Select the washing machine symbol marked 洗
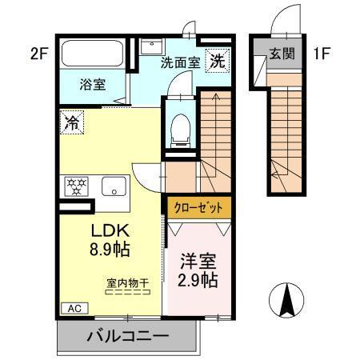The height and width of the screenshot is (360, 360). pyautogui.click(x=217, y=60)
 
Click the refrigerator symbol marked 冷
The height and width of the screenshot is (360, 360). pyautogui.click(x=71, y=123)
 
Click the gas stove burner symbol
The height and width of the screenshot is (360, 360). pyautogui.click(x=78, y=186)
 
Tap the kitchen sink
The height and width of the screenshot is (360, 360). pyautogui.click(x=115, y=187)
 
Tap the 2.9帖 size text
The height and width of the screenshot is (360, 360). pyautogui.click(x=198, y=282)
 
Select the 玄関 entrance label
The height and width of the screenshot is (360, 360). pyautogui.click(x=282, y=54)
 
